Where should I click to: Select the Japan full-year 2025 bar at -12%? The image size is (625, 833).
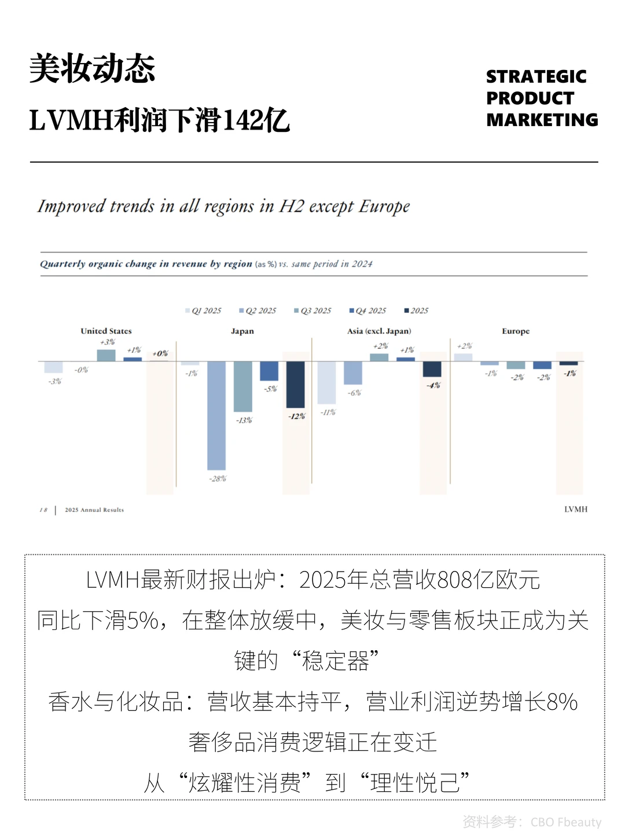click(x=296, y=384)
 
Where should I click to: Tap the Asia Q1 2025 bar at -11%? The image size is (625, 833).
click(x=327, y=382)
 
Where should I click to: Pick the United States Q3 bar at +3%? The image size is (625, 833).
click(x=106, y=355)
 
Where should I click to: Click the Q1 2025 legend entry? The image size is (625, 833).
click(x=203, y=311)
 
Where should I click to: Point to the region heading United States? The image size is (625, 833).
click(x=106, y=331)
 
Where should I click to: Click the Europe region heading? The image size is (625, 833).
click(x=516, y=331)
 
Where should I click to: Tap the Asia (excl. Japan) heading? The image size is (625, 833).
click(x=379, y=331)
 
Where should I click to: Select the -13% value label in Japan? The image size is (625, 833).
click(x=244, y=420)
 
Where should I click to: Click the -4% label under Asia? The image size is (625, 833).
click(x=433, y=385)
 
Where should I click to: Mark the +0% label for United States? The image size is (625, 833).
click(x=160, y=353)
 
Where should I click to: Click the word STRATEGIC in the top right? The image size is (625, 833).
click(x=536, y=76)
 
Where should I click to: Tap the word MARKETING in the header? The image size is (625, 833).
click(x=542, y=120)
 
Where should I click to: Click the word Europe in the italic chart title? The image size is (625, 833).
click(x=384, y=207)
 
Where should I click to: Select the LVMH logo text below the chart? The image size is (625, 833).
click(x=576, y=509)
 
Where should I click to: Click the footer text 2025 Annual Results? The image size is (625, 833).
click(x=94, y=510)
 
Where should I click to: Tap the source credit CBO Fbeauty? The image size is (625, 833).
click(x=566, y=822)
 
